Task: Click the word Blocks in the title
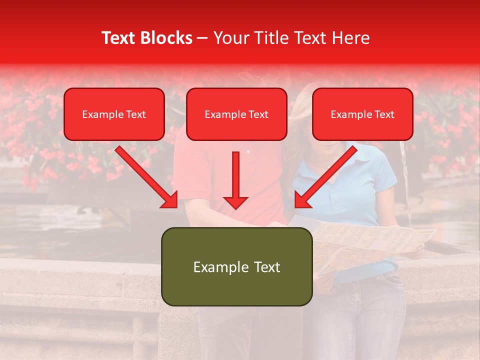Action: [164, 38]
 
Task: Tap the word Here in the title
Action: [349, 38]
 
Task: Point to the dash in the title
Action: [202, 38]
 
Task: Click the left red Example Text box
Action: [114, 114]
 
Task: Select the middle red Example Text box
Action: [236, 114]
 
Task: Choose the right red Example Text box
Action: [362, 114]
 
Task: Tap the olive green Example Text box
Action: [236, 266]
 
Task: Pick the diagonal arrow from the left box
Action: [145, 175]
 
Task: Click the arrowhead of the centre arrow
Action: [235, 201]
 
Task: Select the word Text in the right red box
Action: [384, 114]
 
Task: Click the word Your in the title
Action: [230, 38]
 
